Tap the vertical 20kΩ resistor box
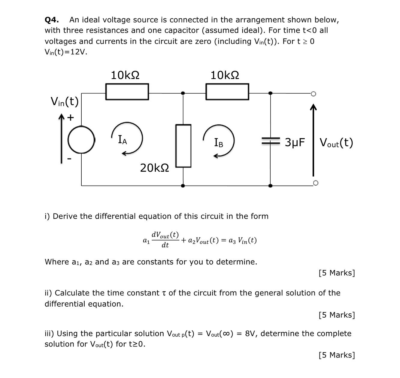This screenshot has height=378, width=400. point(183,146)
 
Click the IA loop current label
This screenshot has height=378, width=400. point(123,140)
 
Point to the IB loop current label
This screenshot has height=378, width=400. point(219,142)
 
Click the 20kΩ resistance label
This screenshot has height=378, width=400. point(155,168)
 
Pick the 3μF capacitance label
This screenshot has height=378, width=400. point(295,142)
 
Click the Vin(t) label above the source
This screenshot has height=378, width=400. point(65,101)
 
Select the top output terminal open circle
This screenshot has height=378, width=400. point(314,94)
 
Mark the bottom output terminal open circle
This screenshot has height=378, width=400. point(315,183)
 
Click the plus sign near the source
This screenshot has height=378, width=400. point(71,117)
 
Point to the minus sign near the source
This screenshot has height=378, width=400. point(69,159)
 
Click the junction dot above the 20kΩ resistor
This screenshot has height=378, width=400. point(183,93)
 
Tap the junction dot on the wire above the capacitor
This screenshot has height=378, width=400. point(270,93)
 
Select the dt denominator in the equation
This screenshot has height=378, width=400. point(165,245)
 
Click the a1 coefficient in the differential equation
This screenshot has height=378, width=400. point(146,240)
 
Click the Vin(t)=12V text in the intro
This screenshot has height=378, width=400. point(66,52)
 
